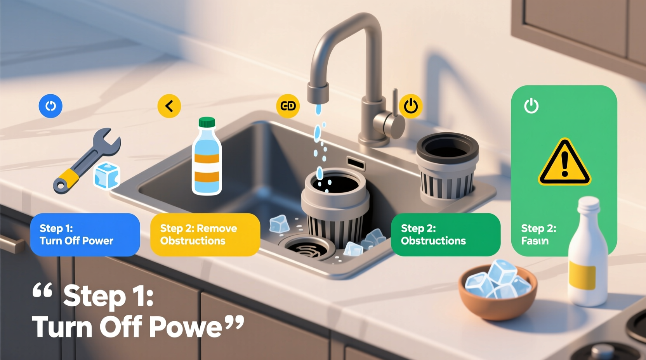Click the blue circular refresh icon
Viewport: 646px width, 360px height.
[50, 106]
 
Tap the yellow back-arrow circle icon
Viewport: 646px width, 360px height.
[169, 106]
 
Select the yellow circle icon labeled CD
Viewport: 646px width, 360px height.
[288, 106]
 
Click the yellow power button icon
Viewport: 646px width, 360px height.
[411, 106]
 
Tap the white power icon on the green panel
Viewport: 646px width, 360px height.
[531, 106]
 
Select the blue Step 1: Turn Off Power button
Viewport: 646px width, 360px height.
[85, 235]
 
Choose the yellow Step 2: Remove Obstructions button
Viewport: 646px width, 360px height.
[205, 235]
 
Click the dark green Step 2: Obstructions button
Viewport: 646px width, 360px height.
[446, 235]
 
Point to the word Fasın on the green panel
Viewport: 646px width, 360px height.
[535, 241]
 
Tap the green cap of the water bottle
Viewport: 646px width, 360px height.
[207, 122]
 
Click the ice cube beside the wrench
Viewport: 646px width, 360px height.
[107, 176]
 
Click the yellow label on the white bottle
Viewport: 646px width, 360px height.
[582, 275]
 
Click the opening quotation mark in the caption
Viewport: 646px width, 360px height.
[42, 290]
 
